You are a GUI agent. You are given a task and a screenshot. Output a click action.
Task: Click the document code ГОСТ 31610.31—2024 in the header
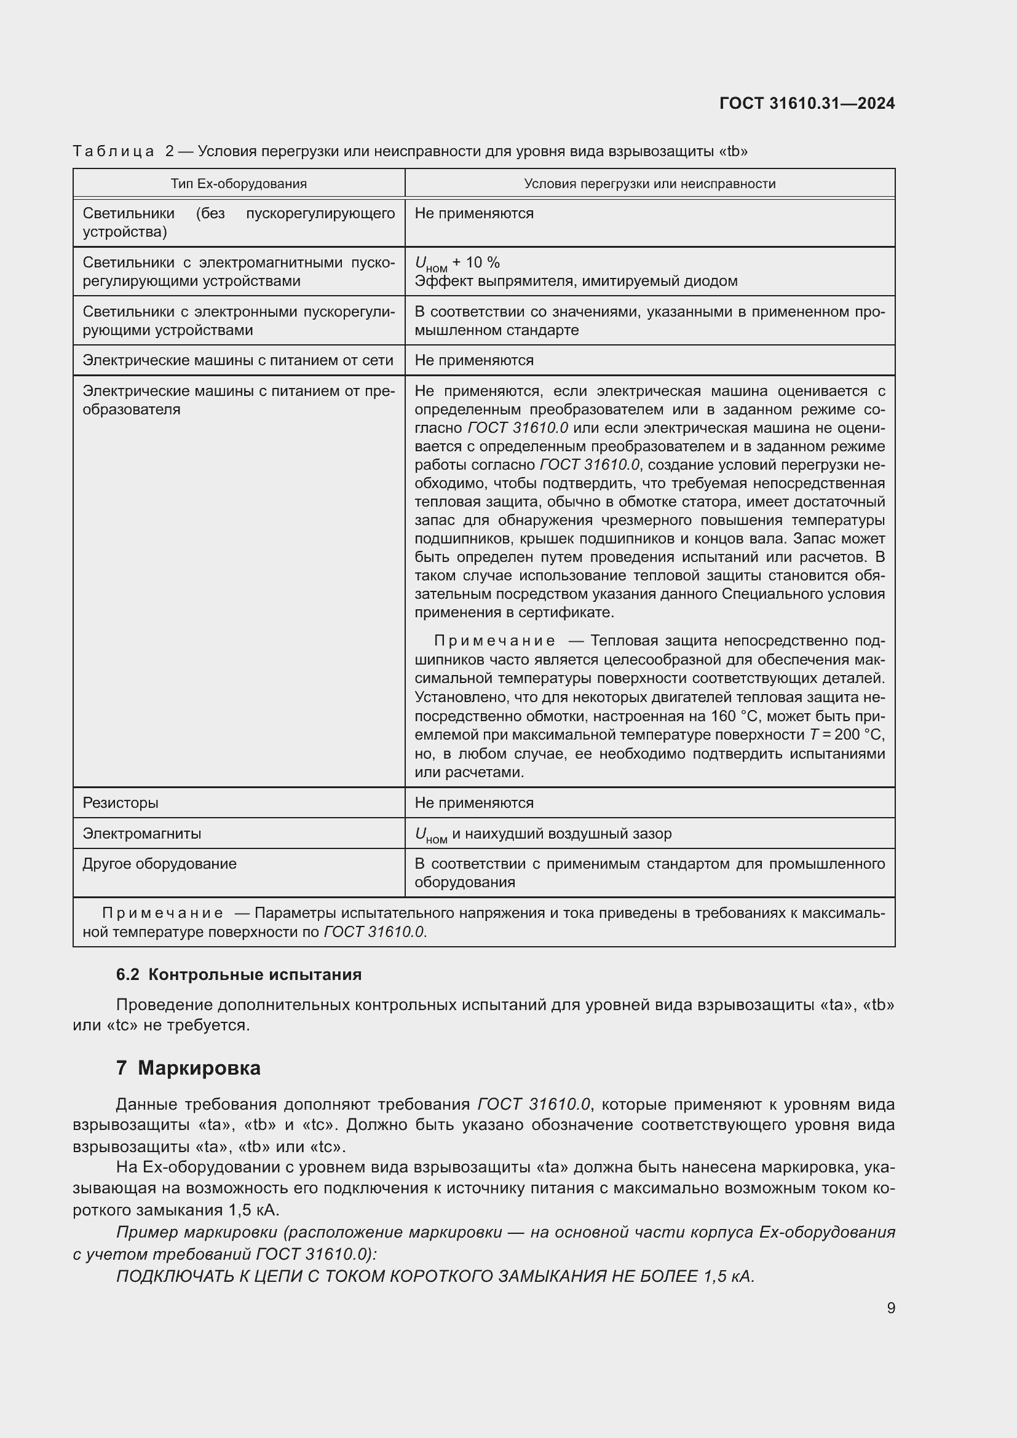coord(807,103)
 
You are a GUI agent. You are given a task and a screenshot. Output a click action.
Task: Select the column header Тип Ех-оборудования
coord(239,183)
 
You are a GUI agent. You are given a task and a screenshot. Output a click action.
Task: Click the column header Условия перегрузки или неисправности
coord(649,183)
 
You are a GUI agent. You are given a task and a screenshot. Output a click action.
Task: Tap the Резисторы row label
coord(121,803)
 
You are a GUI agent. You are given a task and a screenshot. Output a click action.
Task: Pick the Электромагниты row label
coord(141,834)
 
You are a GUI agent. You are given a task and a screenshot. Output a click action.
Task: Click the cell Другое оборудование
coord(160,864)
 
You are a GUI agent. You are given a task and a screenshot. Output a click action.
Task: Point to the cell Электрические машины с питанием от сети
coord(238,360)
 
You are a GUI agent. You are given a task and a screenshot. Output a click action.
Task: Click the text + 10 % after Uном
coord(476,263)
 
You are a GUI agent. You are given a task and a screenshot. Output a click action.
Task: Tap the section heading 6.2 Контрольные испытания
coord(239,974)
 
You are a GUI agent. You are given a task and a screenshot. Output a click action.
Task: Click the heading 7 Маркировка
coord(188,1068)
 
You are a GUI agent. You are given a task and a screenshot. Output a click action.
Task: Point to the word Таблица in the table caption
coord(113,151)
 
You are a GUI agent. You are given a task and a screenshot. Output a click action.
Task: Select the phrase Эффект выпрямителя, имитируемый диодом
coord(576,281)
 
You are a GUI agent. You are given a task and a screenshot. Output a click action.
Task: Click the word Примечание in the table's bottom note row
coord(162,913)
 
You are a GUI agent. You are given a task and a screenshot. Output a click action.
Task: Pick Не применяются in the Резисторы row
coord(474,803)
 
